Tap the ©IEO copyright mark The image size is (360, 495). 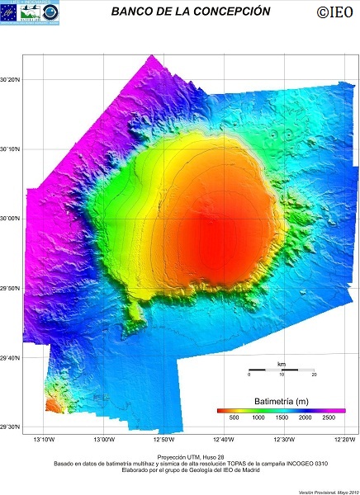(x=334, y=12)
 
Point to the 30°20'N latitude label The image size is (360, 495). (x=11, y=80)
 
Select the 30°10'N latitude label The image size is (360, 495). (x=11, y=149)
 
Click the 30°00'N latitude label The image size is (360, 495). (x=11, y=219)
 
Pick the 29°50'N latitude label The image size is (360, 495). (x=11, y=288)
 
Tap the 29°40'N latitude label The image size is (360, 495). (x=11, y=357)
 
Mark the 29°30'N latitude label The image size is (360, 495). (x=11, y=427)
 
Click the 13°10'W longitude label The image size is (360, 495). (x=43, y=438)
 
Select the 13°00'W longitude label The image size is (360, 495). (x=103, y=438)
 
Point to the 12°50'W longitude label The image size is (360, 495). (x=163, y=438)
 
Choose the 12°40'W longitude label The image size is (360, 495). (x=224, y=438)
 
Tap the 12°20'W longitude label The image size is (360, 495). (x=343, y=438)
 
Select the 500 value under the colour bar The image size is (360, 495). (x=234, y=418)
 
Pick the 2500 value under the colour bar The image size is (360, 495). (x=329, y=418)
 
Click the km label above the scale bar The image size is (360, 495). (x=282, y=363)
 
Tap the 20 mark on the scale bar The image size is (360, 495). (x=314, y=375)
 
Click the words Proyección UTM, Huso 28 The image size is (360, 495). (x=180, y=455)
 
